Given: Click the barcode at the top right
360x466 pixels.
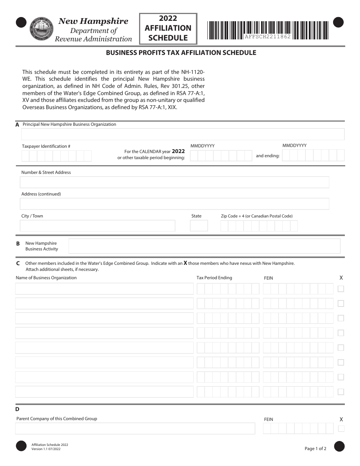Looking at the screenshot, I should point(268,28).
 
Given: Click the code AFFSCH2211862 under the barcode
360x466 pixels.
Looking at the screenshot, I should point(268,37).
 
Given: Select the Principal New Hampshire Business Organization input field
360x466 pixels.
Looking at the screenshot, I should point(183,134).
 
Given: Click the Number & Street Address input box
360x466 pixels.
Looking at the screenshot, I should point(174,182).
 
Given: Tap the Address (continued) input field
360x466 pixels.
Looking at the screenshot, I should point(174,204).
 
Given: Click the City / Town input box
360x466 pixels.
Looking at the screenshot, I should point(97,226).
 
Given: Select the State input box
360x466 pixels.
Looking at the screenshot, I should point(199,226).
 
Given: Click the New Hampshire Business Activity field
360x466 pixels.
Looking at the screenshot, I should point(204,246).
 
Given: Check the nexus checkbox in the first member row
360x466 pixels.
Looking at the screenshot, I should point(341,289).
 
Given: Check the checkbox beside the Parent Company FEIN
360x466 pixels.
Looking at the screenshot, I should point(341,429).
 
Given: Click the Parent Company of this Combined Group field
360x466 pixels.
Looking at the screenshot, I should point(135,429).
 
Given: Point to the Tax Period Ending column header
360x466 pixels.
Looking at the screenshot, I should point(214,278).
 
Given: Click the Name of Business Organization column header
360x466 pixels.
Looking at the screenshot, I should point(46,278).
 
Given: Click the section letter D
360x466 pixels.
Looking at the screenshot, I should point(17,409).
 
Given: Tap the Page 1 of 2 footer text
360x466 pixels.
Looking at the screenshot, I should point(315,449).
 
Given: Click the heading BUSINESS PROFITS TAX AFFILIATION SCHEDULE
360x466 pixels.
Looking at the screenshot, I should point(181,53).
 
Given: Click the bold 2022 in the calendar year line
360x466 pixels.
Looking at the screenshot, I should point(178,151).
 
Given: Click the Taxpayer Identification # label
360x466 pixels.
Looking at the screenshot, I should point(46,146).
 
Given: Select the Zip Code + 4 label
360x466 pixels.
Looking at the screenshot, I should point(257,216).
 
